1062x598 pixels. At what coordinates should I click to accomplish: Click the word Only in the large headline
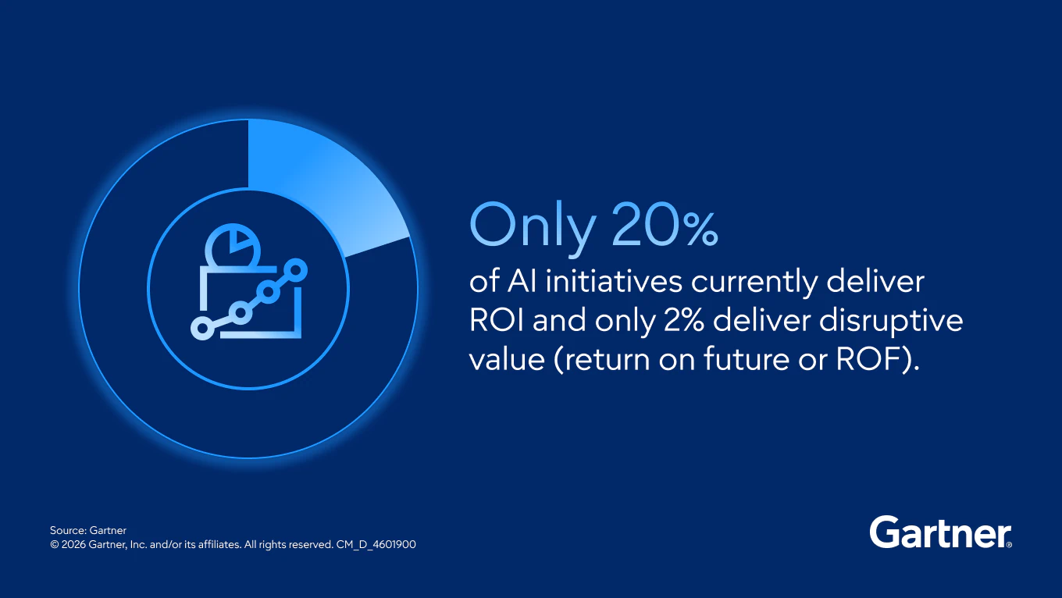click(532, 227)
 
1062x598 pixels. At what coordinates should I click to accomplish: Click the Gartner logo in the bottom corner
click(940, 532)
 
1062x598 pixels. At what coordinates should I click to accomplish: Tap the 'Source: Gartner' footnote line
click(88, 530)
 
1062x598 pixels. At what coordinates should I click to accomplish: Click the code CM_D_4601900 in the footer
click(376, 544)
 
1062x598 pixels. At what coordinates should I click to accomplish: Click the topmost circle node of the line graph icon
click(297, 271)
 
